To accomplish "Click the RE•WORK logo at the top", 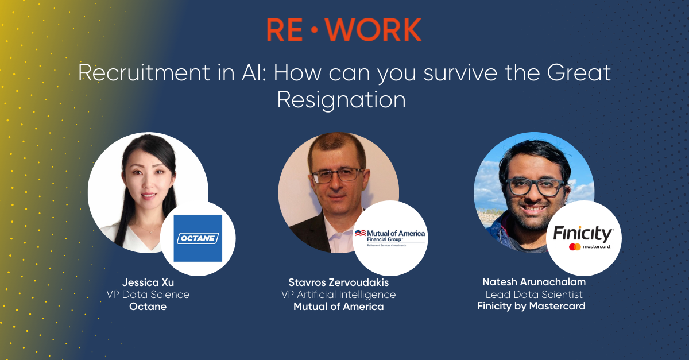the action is click(344, 29).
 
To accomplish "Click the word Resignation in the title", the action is click(342, 100).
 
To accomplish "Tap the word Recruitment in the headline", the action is click(144, 72).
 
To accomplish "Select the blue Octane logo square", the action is click(198, 238).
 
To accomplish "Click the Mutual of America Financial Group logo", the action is click(390, 238).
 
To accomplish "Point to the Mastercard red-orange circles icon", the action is click(575, 247).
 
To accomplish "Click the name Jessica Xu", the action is click(148, 282).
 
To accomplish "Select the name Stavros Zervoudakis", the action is click(338, 282).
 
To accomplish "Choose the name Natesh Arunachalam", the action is click(534, 282).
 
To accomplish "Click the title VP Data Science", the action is click(148, 295).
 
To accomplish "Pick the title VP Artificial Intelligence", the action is click(338, 295).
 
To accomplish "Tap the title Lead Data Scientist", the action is click(534, 295).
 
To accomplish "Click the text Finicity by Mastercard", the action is click(531, 306).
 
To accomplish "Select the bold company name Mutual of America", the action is click(338, 307).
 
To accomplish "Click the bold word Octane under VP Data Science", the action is click(148, 307).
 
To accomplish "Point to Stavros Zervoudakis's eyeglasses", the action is click(338, 175).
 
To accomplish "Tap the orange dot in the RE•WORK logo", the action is click(314, 30).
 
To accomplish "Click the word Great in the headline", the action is click(579, 72).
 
